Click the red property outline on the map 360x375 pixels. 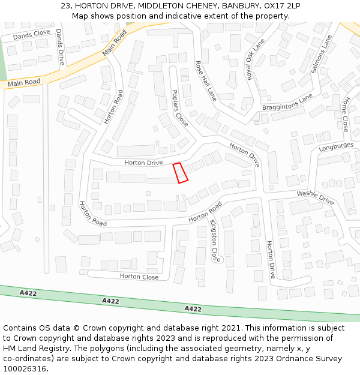coord(181,173)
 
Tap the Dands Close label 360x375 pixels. coord(31,35)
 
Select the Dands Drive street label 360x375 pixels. coord(59,47)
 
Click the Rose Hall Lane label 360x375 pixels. coord(206,80)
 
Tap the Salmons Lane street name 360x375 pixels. coord(322,54)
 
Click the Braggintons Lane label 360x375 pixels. coord(287,103)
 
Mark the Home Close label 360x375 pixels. coord(344,114)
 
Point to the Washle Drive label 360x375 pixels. coord(315,198)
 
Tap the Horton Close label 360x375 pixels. coord(139,277)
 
